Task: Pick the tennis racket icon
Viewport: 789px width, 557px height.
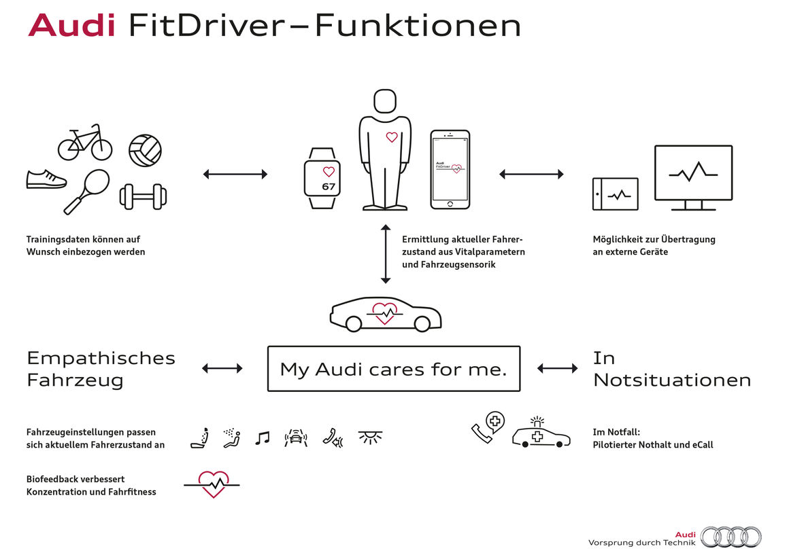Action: pyautogui.click(x=86, y=190)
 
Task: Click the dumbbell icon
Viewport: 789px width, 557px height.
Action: pyautogui.click(x=143, y=196)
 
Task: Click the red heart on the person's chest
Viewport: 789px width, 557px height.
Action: pyautogui.click(x=392, y=137)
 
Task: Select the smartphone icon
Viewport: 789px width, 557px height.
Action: pyautogui.click(x=450, y=169)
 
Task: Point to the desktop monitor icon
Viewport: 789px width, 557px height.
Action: pyautogui.click(x=692, y=177)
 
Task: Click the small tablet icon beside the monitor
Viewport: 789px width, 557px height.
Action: pyautogui.click(x=616, y=194)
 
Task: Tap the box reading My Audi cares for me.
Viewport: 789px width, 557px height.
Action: pyautogui.click(x=394, y=369)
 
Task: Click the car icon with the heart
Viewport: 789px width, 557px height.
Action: pyautogui.click(x=386, y=315)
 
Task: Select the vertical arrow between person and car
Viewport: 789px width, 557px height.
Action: pyautogui.click(x=386, y=253)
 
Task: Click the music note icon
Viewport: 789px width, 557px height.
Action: pyautogui.click(x=262, y=438)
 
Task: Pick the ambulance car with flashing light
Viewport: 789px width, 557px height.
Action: pyautogui.click(x=541, y=434)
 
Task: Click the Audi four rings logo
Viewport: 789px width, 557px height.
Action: pyautogui.click(x=731, y=537)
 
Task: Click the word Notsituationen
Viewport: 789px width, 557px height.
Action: pyautogui.click(x=672, y=380)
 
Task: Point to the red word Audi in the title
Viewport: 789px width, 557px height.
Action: pyautogui.click(x=71, y=26)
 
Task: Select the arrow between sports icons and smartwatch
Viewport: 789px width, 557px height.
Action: pyautogui.click(x=235, y=175)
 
